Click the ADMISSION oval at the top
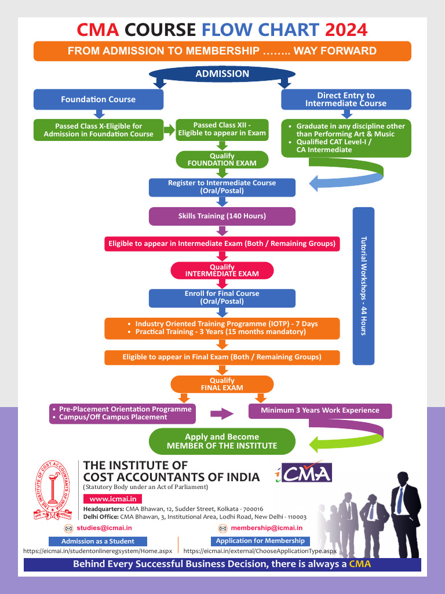coord(222,74)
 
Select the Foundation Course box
coord(99,99)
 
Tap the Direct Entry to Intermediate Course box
coord(346,99)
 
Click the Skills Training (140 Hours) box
coord(222,216)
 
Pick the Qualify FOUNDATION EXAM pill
coord(222,160)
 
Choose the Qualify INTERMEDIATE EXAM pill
coord(222,270)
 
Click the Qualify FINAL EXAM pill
coord(222,384)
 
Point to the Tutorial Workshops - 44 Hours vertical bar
coord(363,285)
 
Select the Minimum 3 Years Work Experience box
coord(320,411)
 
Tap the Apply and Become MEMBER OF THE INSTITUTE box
coord(222,441)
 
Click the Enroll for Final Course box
coord(222,298)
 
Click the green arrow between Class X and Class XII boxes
coord(169,130)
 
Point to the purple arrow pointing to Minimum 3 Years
coord(221,414)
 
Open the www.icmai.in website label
coord(113,499)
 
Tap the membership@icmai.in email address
coord(267,528)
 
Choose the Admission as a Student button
coord(98,541)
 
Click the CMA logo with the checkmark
coord(303,472)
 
